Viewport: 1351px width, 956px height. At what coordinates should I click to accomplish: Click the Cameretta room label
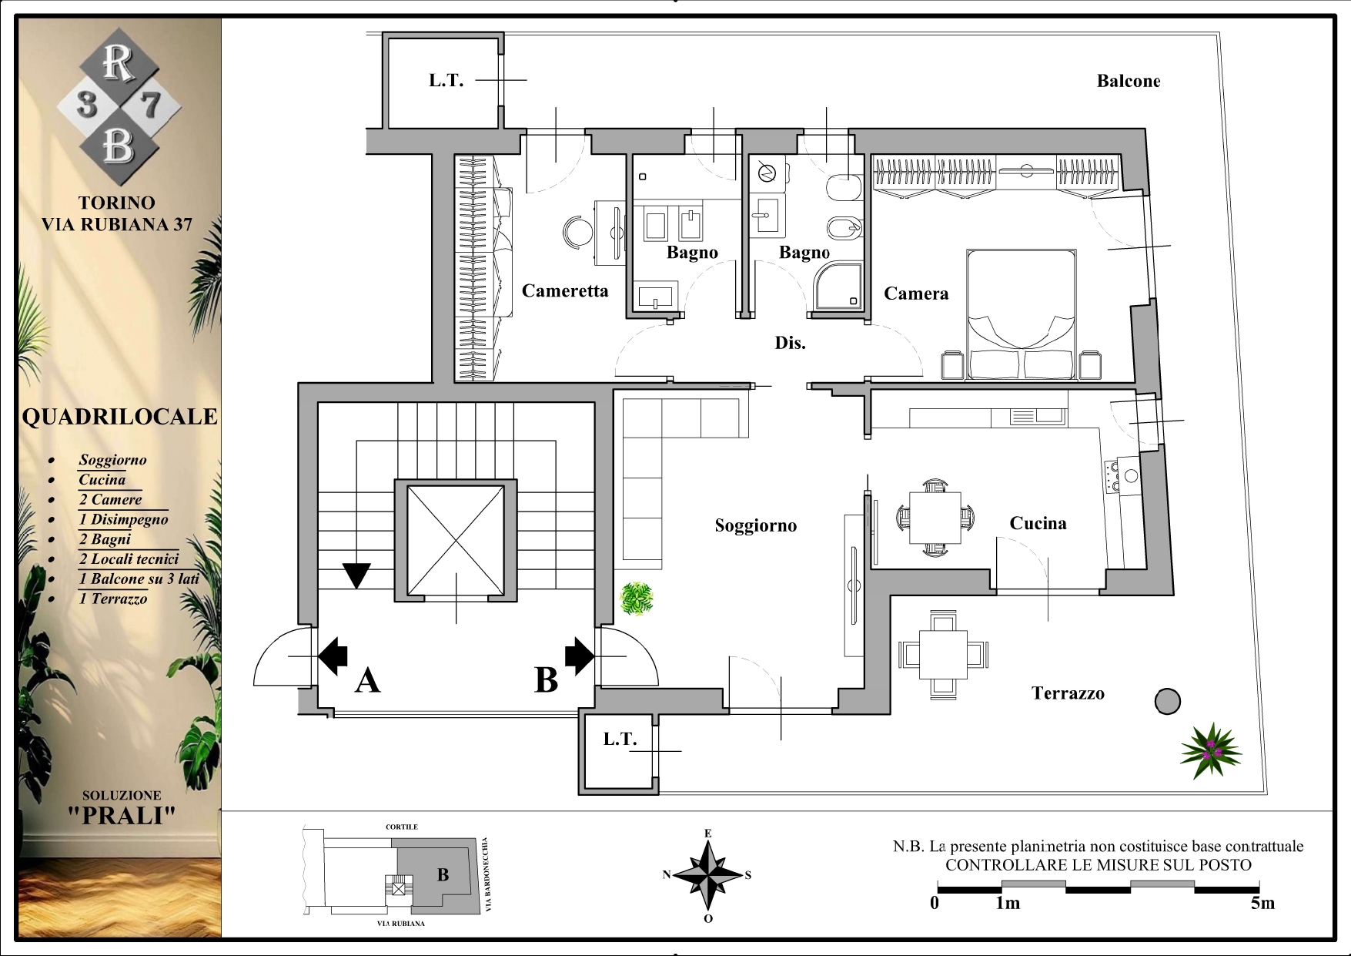(565, 291)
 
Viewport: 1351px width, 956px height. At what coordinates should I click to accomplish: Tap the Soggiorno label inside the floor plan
(755, 525)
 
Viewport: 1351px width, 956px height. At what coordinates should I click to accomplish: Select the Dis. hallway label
(790, 343)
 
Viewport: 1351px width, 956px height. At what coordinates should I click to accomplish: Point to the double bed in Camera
(1022, 314)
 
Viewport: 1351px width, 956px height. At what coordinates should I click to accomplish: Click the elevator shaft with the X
(456, 540)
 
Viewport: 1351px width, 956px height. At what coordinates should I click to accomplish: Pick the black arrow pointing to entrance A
(333, 656)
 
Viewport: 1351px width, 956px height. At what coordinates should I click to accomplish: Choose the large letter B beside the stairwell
(546, 680)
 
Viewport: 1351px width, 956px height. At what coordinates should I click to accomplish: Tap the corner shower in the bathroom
(838, 286)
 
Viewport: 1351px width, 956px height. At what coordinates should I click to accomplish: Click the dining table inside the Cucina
(935, 517)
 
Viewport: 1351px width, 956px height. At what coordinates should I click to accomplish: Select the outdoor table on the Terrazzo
(943, 654)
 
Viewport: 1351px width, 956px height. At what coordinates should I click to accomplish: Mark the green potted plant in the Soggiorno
(637, 599)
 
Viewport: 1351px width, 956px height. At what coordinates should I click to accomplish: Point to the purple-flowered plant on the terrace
(1211, 750)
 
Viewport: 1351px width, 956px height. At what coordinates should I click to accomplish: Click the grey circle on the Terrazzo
(1167, 702)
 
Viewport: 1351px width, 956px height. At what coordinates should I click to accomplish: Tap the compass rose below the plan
(707, 876)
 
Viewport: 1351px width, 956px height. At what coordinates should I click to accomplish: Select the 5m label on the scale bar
(1262, 903)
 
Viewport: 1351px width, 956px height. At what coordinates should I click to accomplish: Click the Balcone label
(1128, 81)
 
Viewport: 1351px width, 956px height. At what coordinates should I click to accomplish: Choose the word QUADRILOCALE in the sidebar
(119, 417)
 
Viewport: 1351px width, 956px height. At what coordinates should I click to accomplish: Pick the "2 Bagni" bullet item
(105, 539)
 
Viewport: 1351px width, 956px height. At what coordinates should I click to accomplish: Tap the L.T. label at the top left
(446, 80)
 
